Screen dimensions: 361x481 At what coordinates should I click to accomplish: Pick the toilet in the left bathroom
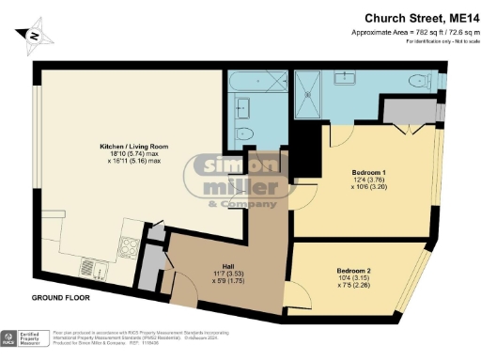[x=240, y=131]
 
